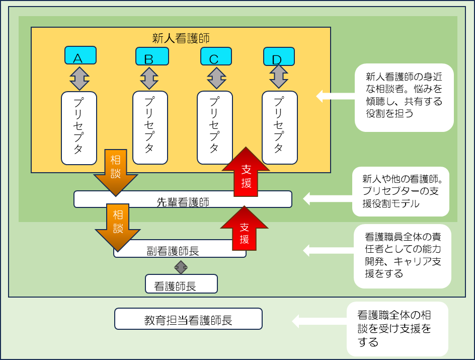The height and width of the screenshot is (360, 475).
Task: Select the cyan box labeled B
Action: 151,56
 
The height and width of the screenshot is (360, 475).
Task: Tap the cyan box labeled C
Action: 216,56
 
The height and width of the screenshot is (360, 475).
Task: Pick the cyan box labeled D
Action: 279,56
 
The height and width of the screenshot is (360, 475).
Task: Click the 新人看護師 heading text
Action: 181,38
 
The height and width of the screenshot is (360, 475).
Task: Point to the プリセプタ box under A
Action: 79,128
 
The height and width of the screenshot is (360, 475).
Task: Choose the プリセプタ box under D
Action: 280,127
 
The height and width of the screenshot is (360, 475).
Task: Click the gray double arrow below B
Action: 149,78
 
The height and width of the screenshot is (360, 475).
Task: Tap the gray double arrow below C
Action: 217,78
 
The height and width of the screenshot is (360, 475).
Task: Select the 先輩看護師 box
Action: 183,200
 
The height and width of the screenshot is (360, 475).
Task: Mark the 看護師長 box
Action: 181,284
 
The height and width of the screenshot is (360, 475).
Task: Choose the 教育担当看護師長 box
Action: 188,319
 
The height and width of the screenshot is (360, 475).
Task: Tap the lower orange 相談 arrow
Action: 118,227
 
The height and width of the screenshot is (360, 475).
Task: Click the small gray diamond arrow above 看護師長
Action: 181,266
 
